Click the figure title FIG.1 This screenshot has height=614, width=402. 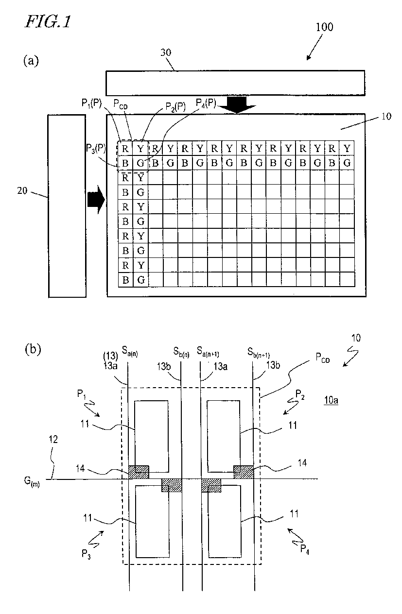point(48,22)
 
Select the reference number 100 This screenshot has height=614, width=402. point(324,27)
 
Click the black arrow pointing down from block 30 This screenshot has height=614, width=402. point(238,105)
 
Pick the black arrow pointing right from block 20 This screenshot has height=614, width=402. point(96,199)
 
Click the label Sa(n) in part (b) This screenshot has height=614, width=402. point(130,351)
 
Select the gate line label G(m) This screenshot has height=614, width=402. point(32,481)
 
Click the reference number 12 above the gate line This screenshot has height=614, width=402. point(53,440)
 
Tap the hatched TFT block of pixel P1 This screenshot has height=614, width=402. point(139,472)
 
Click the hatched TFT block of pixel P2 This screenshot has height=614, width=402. point(244,472)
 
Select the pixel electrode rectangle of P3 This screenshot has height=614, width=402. point(152,521)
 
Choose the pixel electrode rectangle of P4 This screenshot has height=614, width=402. point(225,521)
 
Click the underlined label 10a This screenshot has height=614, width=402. point(331,400)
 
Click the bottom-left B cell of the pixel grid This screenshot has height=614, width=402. point(125,280)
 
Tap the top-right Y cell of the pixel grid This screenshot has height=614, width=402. point(347,148)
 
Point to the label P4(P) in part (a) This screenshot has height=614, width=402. point(206,103)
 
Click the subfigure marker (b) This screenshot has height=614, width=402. point(33,349)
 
